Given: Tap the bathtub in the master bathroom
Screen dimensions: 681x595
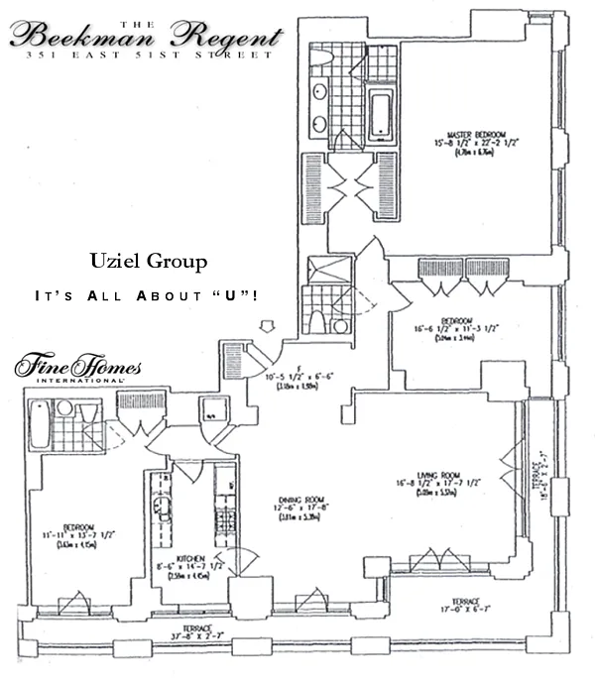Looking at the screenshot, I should (381, 117).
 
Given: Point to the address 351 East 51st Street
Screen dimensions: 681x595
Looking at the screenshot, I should (149, 57).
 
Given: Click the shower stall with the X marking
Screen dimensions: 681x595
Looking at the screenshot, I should (322, 271).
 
